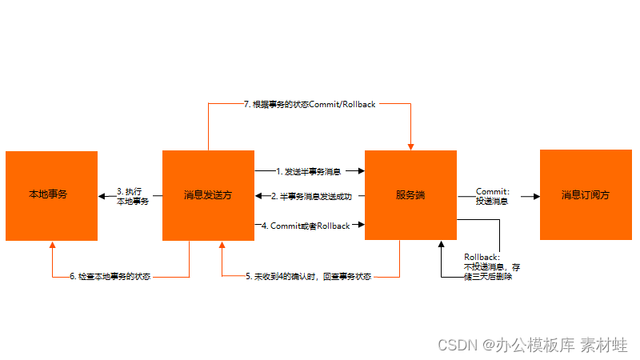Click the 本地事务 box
(x=51, y=195)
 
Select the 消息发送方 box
(x=208, y=195)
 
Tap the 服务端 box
(x=410, y=195)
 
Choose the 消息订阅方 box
(x=586, y=195)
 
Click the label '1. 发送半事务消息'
(x=309, y=171)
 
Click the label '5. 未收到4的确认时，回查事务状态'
(x=309, y=277)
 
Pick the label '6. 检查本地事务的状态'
(x=110, y=277)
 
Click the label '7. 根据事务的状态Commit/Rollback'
(x=309, y=104)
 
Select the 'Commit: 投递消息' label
(x=493, y=196)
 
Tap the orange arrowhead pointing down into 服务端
(x=410, y=146)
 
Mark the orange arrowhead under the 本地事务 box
(x=52, y=245)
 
